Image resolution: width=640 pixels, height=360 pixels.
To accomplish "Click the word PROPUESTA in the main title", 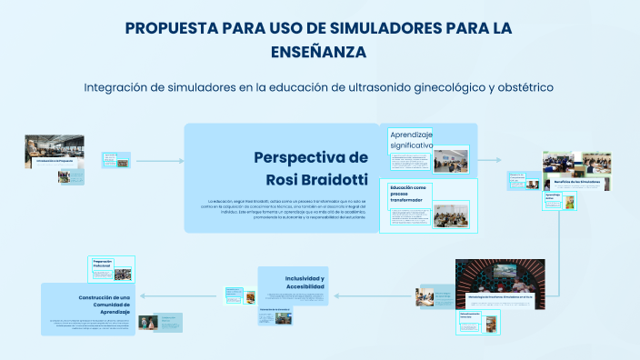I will [x=171, y=28].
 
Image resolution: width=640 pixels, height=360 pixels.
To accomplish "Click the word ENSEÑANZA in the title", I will [x=319, y=53].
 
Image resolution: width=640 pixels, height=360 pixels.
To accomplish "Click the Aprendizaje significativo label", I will [x=412, y=140].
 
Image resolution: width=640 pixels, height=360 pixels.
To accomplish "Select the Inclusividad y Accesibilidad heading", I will [x=305, y=283].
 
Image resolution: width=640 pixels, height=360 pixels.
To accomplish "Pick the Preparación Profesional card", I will [x=111, y=269].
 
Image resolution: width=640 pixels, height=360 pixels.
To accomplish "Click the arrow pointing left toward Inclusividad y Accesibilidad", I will [x=364, y=296].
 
